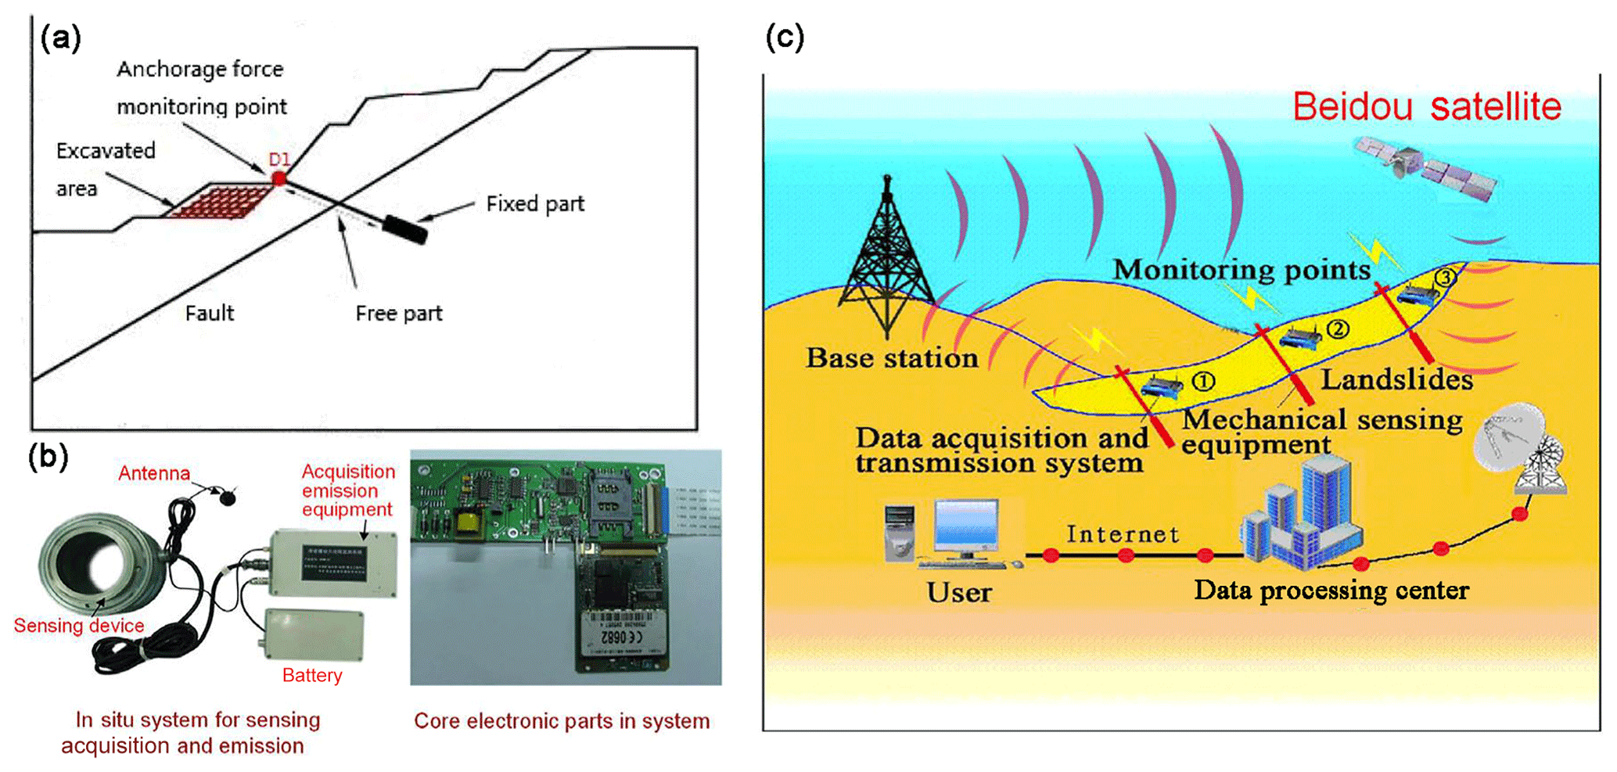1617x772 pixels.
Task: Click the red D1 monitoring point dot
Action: (279, 178)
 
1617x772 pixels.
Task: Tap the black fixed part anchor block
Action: (404, 230)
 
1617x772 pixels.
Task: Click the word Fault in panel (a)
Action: (209, 314)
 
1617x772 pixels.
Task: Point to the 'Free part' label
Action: (398, 314)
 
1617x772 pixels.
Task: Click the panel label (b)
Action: (48, 456)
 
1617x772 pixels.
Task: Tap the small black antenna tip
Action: (228, 497)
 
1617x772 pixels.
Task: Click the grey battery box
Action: (314, 634)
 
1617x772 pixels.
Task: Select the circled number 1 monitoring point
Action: (1203, 382)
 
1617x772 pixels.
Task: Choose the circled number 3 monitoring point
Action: (1446, 278)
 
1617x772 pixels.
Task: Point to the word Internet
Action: (1122, 534)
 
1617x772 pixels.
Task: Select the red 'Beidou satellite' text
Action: (1426, 107)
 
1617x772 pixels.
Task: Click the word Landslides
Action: (1396, 380)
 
